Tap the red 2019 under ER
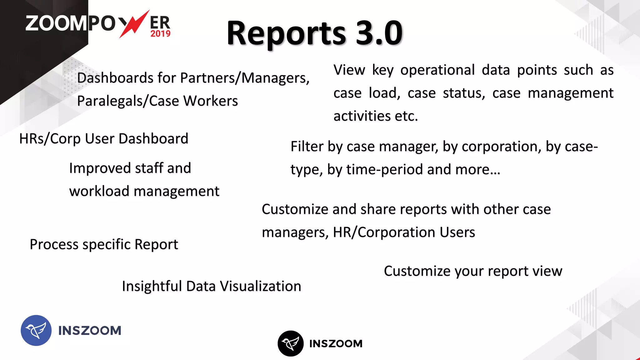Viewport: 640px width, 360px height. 160,34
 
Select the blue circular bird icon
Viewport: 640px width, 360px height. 36,330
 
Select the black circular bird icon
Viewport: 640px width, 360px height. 290,343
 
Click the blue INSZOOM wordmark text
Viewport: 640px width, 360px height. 90,331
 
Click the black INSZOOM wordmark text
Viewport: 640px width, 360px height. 336,344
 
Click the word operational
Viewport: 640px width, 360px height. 437,70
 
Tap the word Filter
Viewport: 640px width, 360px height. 307,147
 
